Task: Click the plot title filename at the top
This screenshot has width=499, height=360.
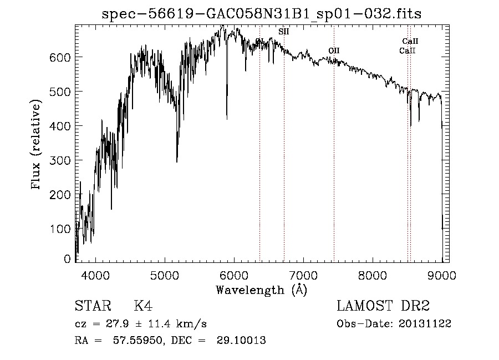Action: [262, 14]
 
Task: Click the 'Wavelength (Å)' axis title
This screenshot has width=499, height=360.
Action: [261, 290]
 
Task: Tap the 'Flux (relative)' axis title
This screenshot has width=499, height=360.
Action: [37, 145]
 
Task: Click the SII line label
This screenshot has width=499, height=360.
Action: [283, 32]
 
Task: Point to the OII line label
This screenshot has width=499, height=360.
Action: [333, 50]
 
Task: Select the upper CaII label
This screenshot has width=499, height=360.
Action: [410, 41]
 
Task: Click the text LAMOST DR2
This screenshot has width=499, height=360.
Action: [383, 306]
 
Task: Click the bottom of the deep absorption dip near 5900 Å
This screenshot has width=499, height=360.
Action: [227, 118]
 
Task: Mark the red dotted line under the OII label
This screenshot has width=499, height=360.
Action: [334, 166]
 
